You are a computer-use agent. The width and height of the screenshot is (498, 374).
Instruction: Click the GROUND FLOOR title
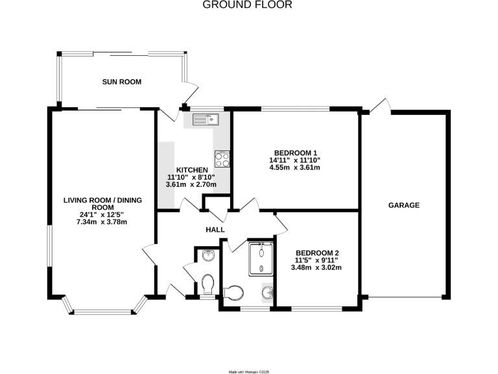pyautogui.click(x=248, y=5)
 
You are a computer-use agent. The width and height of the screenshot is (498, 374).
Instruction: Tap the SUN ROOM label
pyautogui.click(x=121, y=82)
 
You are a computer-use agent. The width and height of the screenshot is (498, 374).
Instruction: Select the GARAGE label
pyautogui.click(x=404, y=205)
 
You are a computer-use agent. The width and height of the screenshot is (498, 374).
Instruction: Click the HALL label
pyautogui.click(x=215, y=230)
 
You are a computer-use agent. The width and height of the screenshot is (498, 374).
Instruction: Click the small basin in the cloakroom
pyautogui.click(x=207, y=255)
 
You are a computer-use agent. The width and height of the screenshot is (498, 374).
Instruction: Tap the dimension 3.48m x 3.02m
pyautogui.click(x=316, y=268)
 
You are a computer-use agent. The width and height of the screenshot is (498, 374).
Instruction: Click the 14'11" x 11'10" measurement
pyautogui.click(x=295, y=160)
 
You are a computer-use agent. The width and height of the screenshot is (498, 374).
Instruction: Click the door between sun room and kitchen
pyautogui.click(x=169, y=114)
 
